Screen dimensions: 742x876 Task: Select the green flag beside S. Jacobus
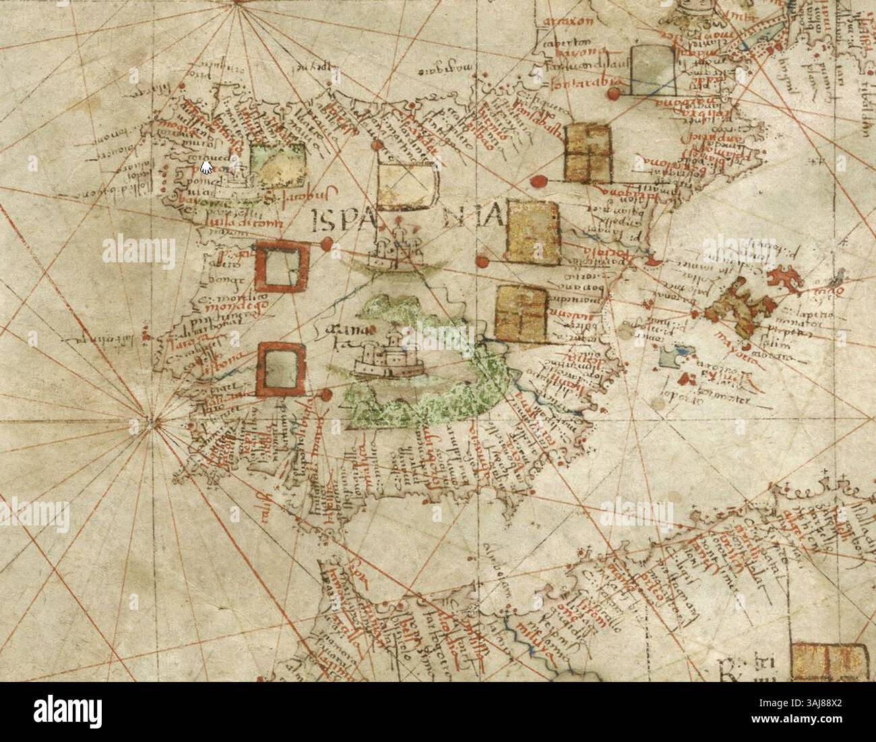[278, 164]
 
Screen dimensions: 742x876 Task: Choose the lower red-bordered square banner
[282, 368]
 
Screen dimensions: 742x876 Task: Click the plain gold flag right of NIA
[533, 233]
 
